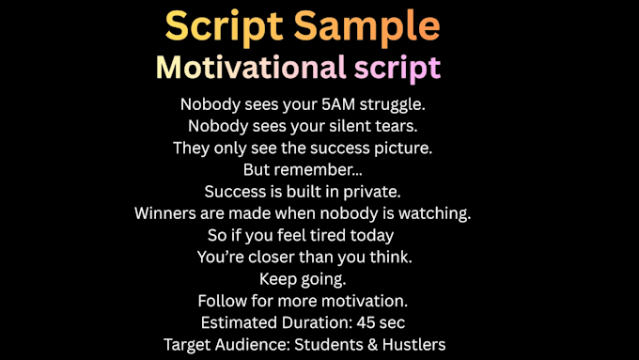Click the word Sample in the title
click(366, 25)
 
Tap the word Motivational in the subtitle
click(251, 67)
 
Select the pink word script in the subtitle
click(397, 69)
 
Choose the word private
click(372, 192)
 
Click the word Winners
click(165, 213)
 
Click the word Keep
click(277, 280)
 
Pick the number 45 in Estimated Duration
click(366, 323)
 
